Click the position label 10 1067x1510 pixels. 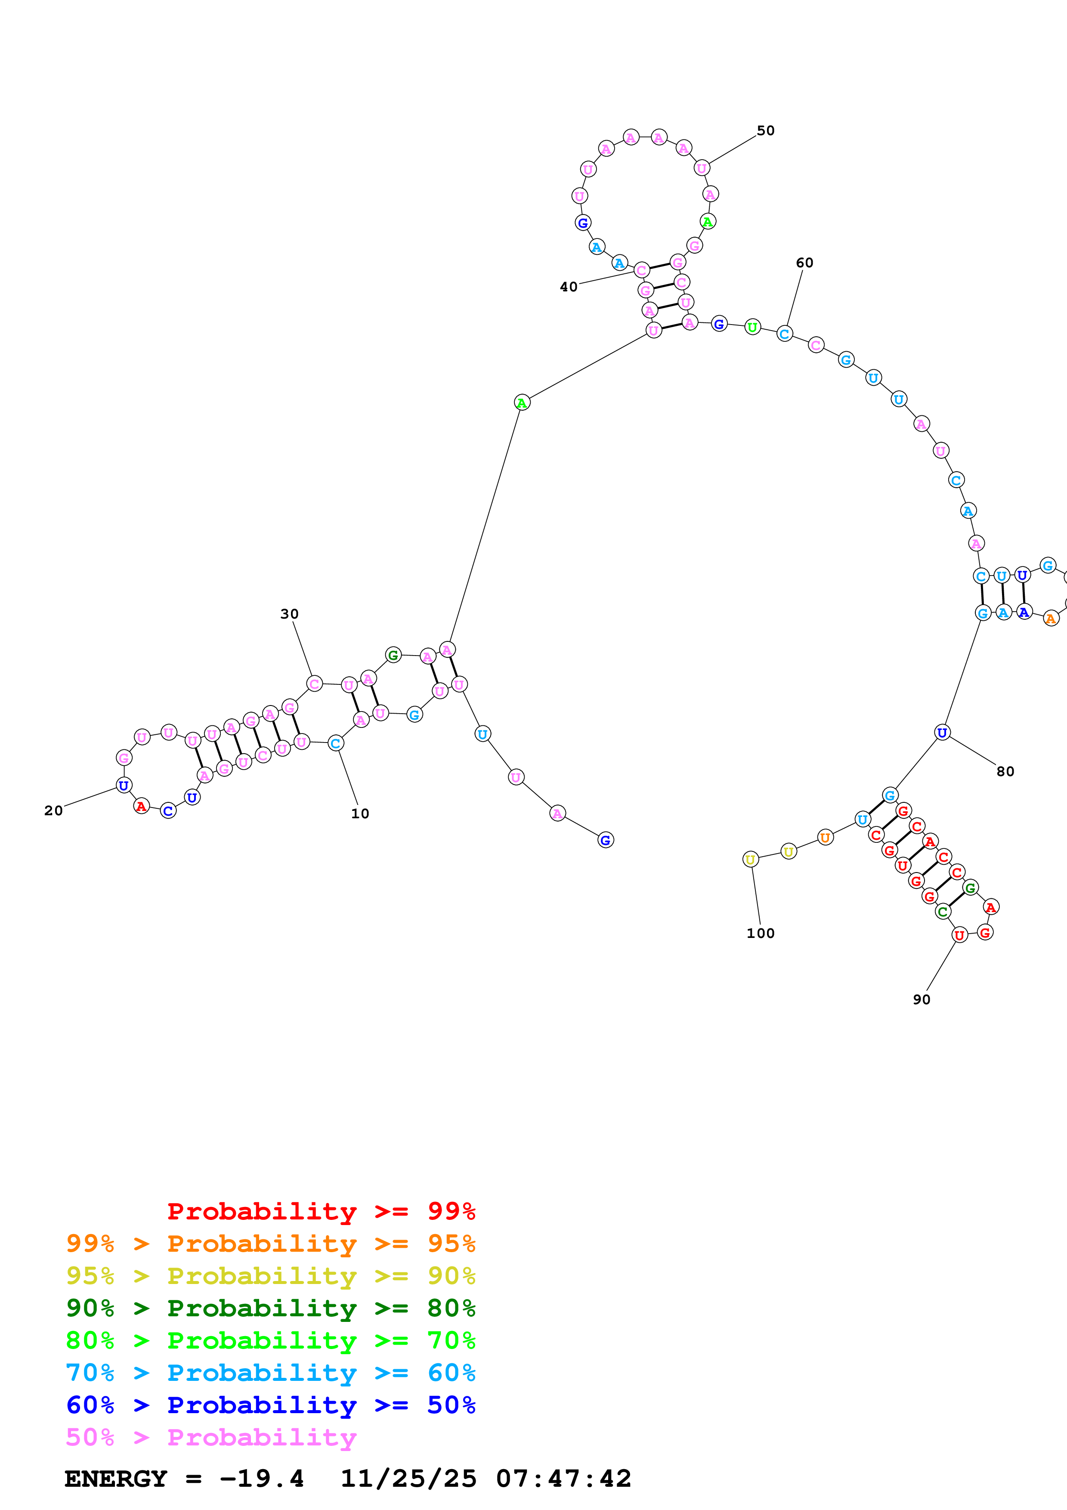coord(359,814)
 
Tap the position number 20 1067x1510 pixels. coord(53,811)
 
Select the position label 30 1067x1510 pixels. coord(289,614)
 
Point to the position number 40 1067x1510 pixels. coord(569,287)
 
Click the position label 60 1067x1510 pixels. coord(804,263)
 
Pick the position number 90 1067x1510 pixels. coord(921,999)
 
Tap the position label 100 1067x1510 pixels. coord(760,933)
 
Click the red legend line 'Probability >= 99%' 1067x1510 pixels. coord(321,1211)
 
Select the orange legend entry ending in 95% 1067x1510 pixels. coord(270,1244)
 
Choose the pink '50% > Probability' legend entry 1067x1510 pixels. coord(211,1437)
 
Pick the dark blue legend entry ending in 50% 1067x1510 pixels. coord(270,1405)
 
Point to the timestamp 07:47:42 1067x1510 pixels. coord(563,1479)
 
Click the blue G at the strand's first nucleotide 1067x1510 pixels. coord(606,840)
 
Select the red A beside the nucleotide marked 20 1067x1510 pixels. coord(141,806)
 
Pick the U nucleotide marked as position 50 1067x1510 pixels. coord(702,168)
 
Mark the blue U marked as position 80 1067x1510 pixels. coord(942,733)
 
